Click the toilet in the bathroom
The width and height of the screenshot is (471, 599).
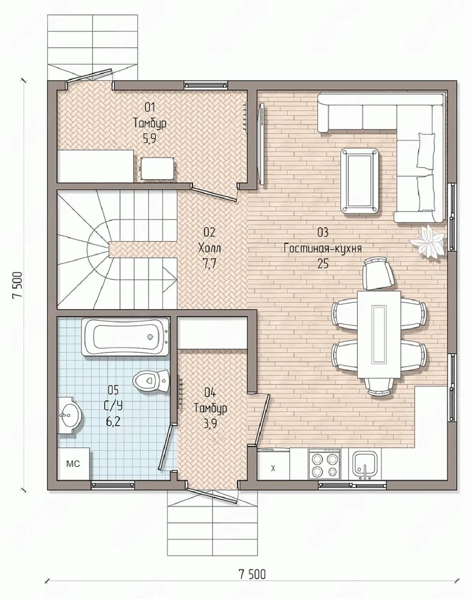(151, 380)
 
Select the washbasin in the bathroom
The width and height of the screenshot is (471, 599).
(69, 415)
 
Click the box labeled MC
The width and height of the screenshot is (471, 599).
(74, 464)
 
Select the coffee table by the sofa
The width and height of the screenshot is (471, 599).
(359, 181)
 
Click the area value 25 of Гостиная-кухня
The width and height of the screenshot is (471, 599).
(323, 264)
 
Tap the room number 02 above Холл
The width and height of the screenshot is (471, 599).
(209, 232)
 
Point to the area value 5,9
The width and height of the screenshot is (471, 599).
(149, 139)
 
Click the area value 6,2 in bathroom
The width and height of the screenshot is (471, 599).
(113, 422)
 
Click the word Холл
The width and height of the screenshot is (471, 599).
(210, 248)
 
